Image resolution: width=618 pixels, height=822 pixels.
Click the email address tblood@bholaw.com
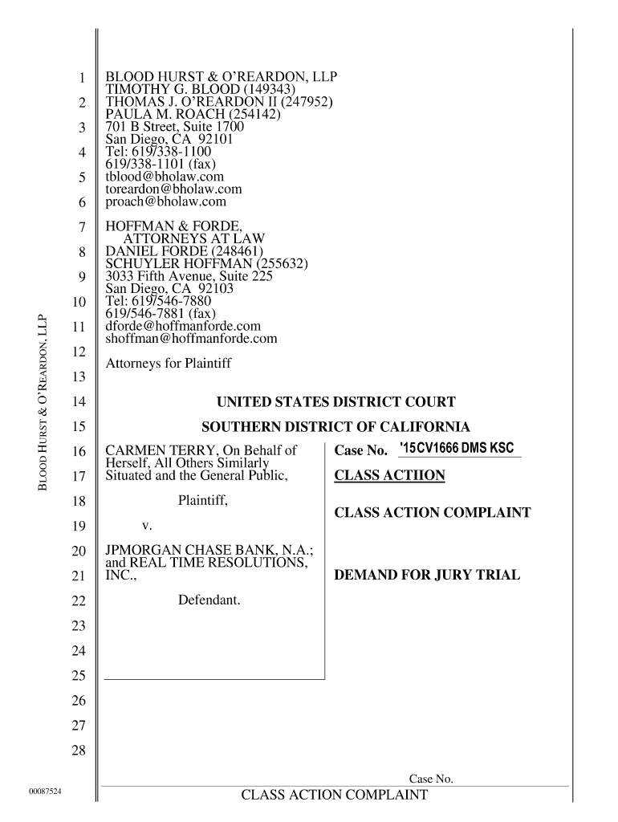tap(165, 177)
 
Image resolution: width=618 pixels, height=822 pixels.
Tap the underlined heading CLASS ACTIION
tap(389, 476)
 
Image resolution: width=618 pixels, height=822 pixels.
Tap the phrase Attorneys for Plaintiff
tap(169, 364)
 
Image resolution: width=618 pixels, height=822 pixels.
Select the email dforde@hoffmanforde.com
tap(184, 326)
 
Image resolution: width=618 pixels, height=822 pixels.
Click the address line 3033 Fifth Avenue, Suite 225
tap(189, 276)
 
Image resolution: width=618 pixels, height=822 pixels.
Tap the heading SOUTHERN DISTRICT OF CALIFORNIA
tap(335, 427)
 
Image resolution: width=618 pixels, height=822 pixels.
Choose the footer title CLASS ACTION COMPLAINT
tap(335, 796)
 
